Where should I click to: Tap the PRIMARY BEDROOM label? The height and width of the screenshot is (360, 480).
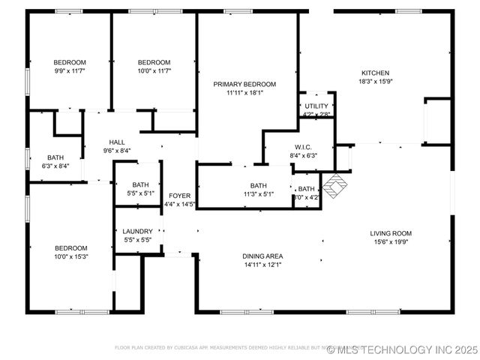point(244,84)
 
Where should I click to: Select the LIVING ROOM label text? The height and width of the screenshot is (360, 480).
point(391,233)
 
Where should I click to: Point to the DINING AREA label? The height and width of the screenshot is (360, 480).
point(262,256)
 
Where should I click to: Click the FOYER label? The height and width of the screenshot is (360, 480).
point(179,195)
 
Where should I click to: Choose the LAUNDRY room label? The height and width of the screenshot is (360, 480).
point(138,232)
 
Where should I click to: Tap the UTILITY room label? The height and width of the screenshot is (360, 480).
point(316,106)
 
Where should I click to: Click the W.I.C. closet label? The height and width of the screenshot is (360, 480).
point(303,147)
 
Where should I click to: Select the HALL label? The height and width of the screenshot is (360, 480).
point(117,142)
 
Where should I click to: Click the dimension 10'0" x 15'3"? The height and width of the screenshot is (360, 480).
point(70,256)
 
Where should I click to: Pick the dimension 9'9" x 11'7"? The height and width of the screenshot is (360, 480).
point(69,70)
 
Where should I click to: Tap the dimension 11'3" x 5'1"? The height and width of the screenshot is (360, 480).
point(258,194)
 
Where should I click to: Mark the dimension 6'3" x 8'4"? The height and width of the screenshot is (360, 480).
point(55,166)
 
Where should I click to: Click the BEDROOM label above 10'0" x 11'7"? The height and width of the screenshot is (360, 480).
point(154,61)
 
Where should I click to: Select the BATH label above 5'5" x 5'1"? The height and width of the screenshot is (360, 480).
point(140,184)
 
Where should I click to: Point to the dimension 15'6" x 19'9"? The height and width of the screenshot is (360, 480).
point(391,242)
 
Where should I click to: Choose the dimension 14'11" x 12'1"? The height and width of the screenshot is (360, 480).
point(262,265)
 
